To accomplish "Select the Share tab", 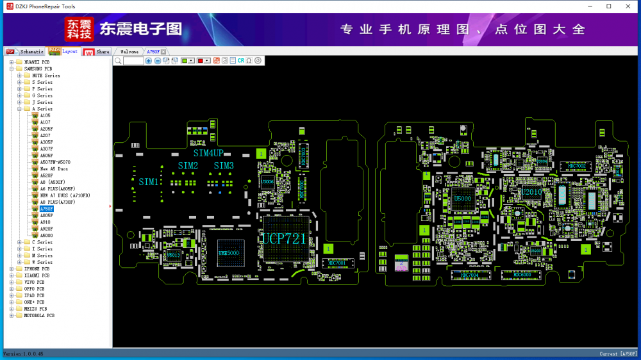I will pyautogui.click(x=103, y=51).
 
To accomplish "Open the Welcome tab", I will pyautogui.click(x=129, y=51).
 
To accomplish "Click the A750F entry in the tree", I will pyautogui.click(x=46, y=209).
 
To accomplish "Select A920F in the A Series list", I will pyautogui.click(x=46, y=229).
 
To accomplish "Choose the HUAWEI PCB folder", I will pyautogui.click(x=37, y=62).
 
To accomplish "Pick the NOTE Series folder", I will pyautogui.click(x=46, y=76).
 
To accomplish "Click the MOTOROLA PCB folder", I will pyautogui.click(x=39, y=315).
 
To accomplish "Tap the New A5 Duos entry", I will pyautogui.click(x=53, y=168).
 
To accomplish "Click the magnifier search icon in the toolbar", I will pyautogui.click(x=118, y=60).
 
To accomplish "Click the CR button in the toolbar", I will pyautogui.click(x=241, y=60).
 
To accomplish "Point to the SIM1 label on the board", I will pyautogui.click(x=149, y=182).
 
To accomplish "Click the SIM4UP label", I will pyautogui.click(x=208, y=153).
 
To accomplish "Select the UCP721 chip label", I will pyautogui.click(x=284, y=240).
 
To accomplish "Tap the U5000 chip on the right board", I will pyautogui.click(x=462, y=199).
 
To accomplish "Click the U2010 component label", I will pyautogui.click(x=531, y=192).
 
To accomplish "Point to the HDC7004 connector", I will pyautogui.click(x=470, y=275).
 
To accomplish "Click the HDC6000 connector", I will pyautogui.click(x=522, y=275).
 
